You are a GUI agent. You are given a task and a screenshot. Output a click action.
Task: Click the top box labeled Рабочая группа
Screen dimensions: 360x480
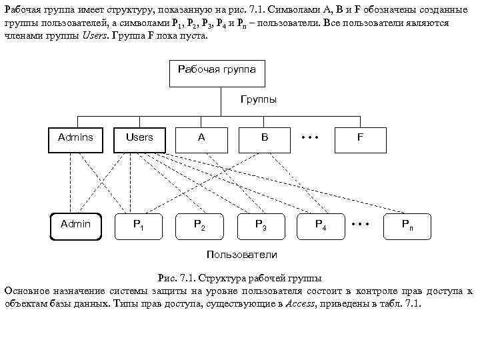point(221,73)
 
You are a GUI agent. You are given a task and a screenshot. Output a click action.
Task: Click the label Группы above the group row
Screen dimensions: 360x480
point(258,99)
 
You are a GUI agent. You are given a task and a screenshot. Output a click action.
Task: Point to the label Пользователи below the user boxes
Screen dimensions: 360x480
point(242,255)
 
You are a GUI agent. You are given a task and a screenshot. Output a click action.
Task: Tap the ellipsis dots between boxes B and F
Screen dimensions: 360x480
point(311,138)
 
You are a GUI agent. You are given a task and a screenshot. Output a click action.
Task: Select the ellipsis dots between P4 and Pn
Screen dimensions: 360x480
point(360,223)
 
